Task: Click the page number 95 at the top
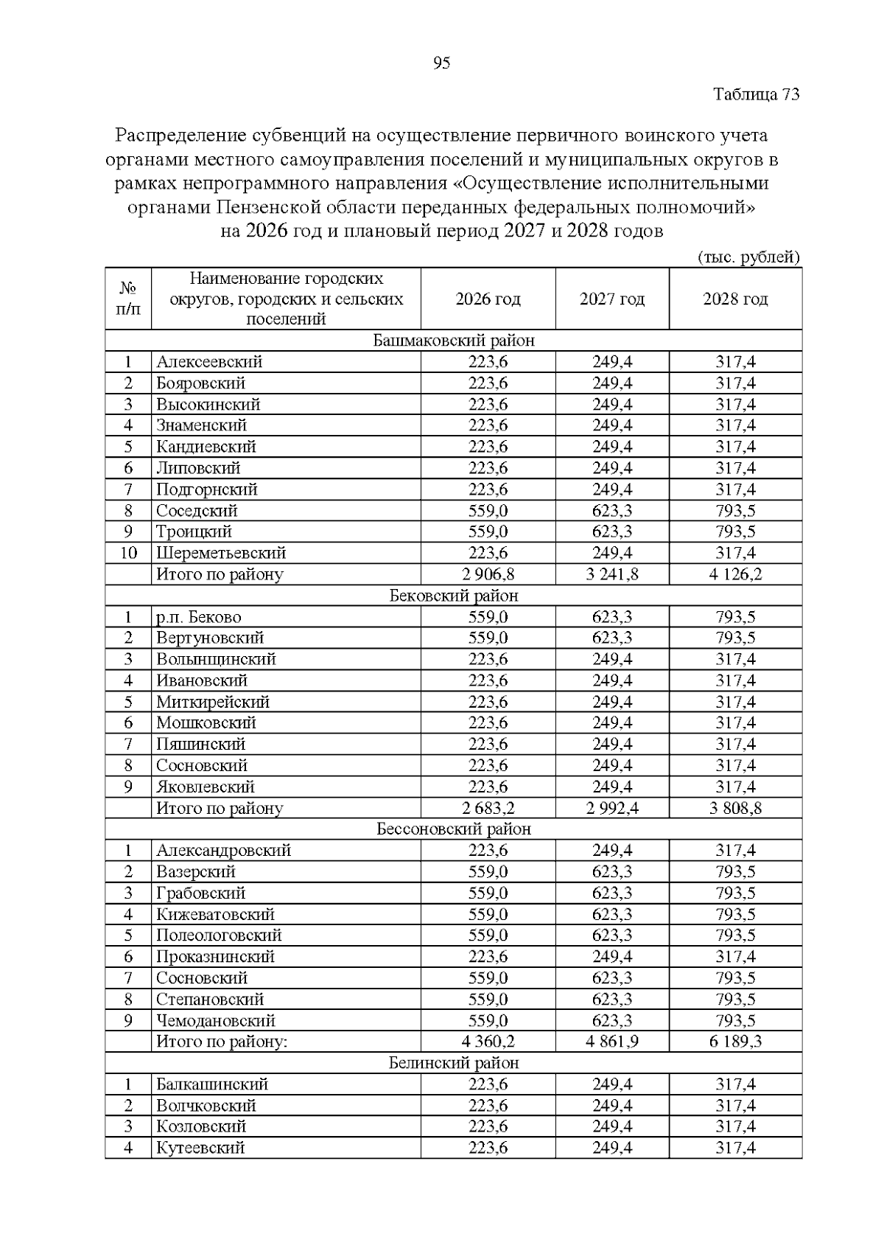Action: point(442,63)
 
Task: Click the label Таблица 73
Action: point(757,95)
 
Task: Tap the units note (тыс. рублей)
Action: point(748,257)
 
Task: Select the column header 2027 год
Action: point(611,299)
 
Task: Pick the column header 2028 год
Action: point(735,299)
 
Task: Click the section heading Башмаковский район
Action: point(454,341)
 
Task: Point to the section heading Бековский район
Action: point(454,596)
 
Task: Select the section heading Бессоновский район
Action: point(454,829)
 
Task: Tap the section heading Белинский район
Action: point(454,1063)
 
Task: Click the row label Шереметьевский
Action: point(220,553)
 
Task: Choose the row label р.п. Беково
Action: point(198,617)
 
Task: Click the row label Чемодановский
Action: point(215,1021)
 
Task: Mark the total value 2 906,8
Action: point(488,574)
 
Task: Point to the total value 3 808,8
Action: point(735,808)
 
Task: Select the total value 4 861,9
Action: point(611,1042)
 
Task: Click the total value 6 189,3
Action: point(735,1042)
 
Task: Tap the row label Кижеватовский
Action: point(215,915)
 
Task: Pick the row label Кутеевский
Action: point(200,1148)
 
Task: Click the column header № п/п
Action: point(128,299)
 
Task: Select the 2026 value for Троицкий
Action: point(488,532)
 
